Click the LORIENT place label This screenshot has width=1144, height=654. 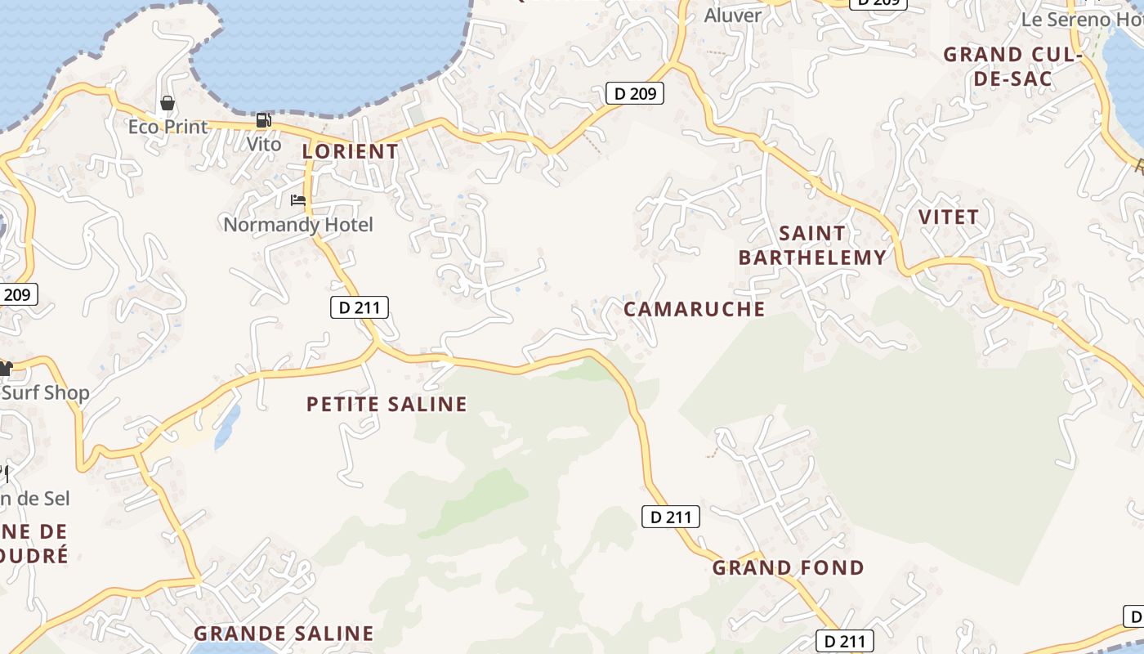coord(350,151)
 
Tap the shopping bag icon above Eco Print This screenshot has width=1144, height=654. coord(168,103)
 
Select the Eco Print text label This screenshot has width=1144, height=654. coord(168,127)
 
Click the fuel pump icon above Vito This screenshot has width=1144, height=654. coord(263,120)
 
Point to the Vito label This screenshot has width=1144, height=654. coord(264,144)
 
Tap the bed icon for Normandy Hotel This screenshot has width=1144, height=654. coord(298,199)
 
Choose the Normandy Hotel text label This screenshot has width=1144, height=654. coord(298,224)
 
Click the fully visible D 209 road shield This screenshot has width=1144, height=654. coord(635,93)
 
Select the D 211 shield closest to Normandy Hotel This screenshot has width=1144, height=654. coord(360,307)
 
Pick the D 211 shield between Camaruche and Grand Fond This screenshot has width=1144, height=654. coord(671,517)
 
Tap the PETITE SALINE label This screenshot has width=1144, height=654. coord(387,404)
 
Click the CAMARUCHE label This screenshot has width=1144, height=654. coord(695,309)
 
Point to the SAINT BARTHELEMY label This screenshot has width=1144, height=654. coord(812,245)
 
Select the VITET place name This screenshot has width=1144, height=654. coord(949,217)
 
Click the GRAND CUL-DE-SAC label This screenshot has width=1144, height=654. coord(1012,67)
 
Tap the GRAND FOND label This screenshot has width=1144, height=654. coord(789,567)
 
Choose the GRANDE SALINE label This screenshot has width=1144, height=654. coord(284,634)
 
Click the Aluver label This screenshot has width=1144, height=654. coord(733,15)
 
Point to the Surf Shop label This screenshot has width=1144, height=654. coord(46,392)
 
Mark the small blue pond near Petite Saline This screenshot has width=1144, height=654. coord(227,428)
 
